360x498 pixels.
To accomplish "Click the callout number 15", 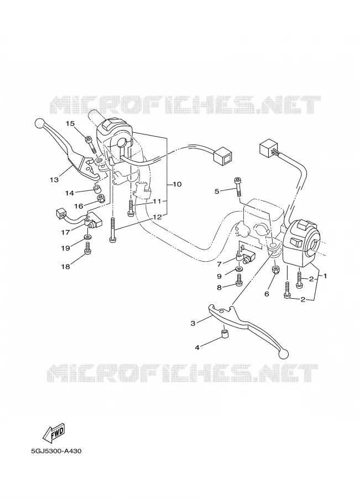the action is [x=70, y=123].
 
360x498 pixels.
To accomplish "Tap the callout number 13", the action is [x=54, y=180].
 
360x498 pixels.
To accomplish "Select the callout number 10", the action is [x=177, y=184].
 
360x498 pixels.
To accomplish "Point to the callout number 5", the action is [x=217, y=191].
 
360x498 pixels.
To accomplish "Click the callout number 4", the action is [x=197, y=347].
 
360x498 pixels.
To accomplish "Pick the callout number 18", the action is [x=65, y=267].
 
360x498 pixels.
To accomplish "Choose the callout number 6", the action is [x=267, y=294].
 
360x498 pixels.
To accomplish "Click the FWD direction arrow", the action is [x=54, y=434].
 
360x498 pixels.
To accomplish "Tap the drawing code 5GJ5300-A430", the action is [x=56, y=451].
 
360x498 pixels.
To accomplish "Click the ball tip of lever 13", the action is [x=39, y=123].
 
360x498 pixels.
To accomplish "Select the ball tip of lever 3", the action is [x=284, y=352].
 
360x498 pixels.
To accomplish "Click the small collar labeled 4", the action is [x=224, y=334].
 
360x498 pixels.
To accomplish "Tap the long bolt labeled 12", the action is [x=112, y=230].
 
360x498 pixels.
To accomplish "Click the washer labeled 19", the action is [x=87, y=237].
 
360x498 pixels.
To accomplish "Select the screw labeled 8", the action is [x=239, y=280].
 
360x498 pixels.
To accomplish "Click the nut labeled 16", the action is [x=101, y=199].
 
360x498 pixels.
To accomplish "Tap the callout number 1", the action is [x=325, y=276].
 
